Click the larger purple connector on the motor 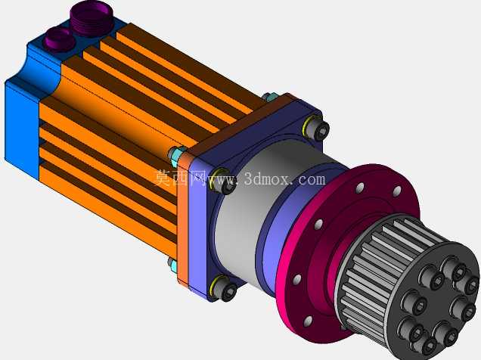point(90,18)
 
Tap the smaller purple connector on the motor point(60,38)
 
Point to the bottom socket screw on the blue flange point(225,288)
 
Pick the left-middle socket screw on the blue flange point(223,182)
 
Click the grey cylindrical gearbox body point(245,212)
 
